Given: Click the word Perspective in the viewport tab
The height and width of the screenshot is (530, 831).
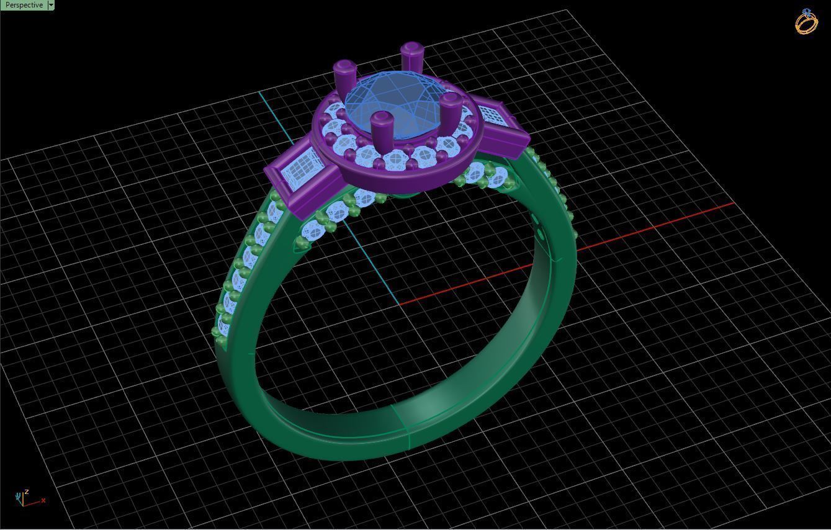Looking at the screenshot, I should (24, 5).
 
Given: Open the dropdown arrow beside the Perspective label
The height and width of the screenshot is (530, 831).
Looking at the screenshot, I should (51, 5).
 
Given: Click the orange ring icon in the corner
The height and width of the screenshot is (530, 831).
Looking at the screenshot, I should (806, 22).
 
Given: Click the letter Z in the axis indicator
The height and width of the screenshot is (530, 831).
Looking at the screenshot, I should (26, 492).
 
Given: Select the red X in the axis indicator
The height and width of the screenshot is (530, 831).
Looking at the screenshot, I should (43, 500).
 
